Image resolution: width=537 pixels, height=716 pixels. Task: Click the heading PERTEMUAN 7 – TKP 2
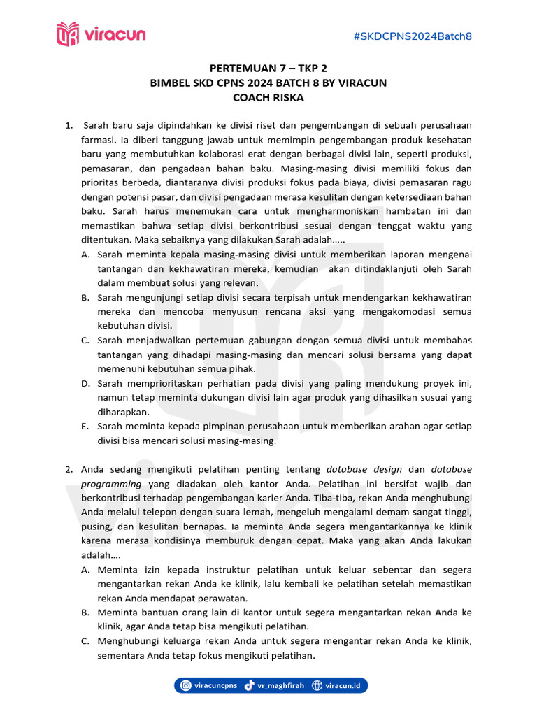coord(268,69)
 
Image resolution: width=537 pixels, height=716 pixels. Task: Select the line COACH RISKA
coord(268,97)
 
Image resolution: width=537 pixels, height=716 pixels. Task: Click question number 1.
coord(69,126)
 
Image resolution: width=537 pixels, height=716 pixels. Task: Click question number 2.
coord(69,469)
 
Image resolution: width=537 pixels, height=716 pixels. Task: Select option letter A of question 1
coord(85,255)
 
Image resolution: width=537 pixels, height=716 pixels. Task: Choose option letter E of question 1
coord(85,426)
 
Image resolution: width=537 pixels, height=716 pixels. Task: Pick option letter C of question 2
coord(85,641)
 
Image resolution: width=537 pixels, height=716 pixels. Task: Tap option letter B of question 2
coord(85,612)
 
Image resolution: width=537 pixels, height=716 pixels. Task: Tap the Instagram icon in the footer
coord(186,686)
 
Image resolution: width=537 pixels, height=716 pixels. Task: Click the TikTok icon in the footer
coord(250,686)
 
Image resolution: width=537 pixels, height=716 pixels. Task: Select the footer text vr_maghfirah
coord(282,686)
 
